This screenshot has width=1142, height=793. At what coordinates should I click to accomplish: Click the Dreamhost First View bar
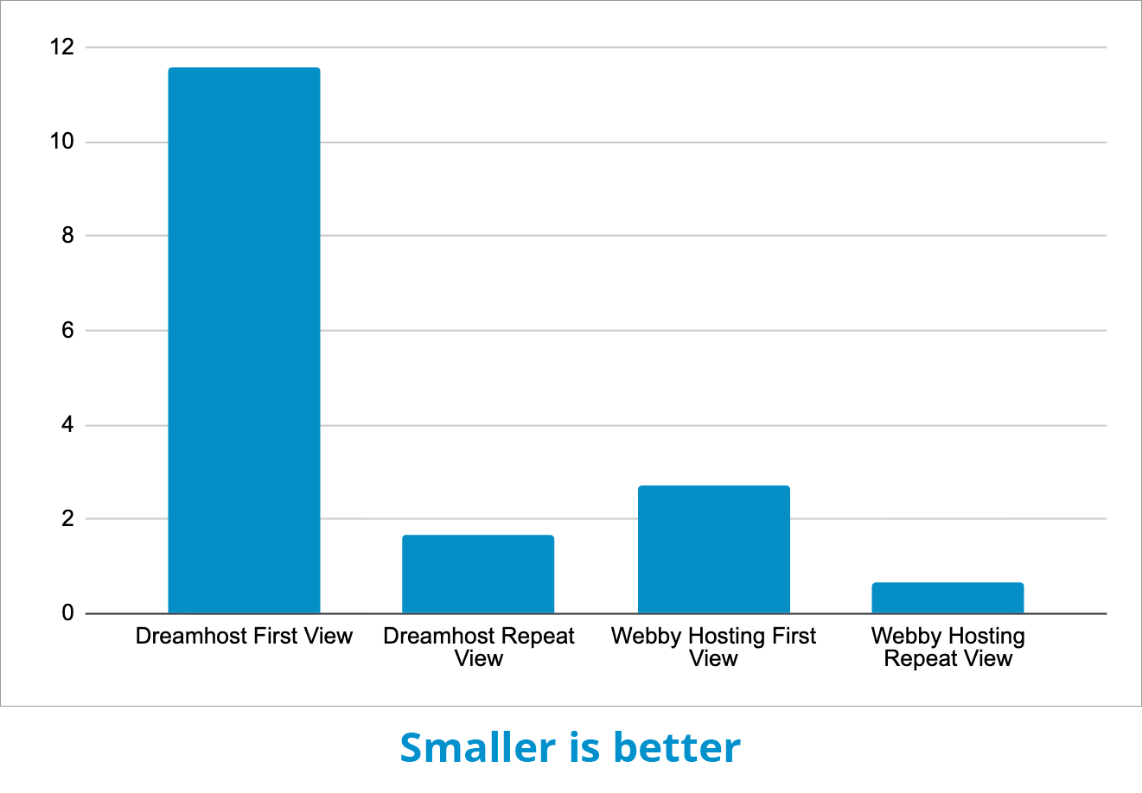tap(244, 340)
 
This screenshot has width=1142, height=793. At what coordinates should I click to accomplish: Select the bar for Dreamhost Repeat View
tap(478, 574)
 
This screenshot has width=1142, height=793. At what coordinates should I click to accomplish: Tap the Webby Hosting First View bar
tap(713, 549)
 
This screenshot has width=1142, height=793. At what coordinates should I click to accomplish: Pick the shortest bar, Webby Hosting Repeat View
tap(947, 598)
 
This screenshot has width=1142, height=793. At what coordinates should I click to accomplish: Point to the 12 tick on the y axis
tap(62, 48)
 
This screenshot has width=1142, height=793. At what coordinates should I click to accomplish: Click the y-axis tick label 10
tap(62, 142)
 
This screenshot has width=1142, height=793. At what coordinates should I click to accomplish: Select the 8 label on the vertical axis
tap(67, 236)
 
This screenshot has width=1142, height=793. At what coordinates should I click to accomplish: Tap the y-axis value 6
tap(67, 331)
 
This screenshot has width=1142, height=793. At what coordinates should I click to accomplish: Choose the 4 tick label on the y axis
tap(67, 425)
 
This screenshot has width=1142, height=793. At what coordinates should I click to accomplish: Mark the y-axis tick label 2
tap(67, 519)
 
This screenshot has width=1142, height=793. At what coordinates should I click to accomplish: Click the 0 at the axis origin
tap(67, 613)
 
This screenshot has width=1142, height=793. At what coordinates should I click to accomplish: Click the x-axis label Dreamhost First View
tap(244, 637)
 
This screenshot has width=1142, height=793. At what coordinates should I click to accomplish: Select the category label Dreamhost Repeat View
tap(478, 647)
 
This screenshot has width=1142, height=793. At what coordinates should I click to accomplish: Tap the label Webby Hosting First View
tap(713, 647)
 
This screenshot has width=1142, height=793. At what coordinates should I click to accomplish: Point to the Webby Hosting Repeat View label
tap(947, 647)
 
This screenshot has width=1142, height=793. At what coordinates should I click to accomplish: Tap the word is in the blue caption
tap(584, 748)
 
